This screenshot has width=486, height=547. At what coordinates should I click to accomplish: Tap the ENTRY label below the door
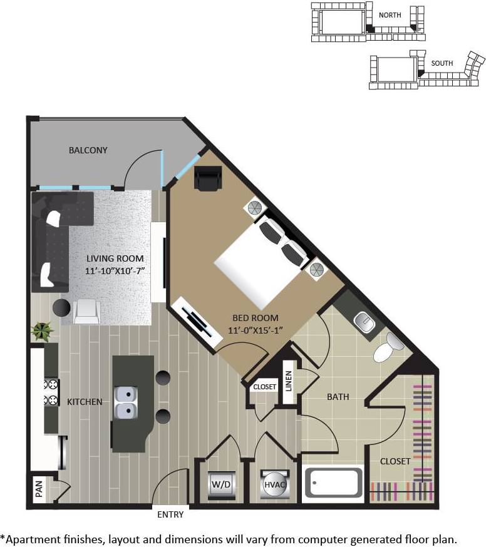(170, 514)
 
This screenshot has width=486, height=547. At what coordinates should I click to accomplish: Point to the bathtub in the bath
(333, 482)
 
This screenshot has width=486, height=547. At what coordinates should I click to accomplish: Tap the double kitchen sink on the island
(127, 402)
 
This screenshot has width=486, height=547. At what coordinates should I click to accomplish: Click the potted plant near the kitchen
(43, 330)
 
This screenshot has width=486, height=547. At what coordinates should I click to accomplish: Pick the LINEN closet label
(289, 382)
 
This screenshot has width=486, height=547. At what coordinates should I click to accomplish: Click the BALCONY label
(88, 150)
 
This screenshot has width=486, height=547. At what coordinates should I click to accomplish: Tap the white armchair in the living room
(86, 310)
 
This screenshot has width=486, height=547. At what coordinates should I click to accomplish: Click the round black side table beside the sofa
(61, 307)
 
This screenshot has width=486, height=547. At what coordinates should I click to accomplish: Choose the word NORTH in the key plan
(390, 14)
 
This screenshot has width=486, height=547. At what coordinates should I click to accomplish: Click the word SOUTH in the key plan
(442, 63)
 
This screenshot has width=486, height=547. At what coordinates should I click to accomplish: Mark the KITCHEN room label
(85, 401)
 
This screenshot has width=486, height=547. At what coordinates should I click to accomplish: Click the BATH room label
(338, 397)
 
